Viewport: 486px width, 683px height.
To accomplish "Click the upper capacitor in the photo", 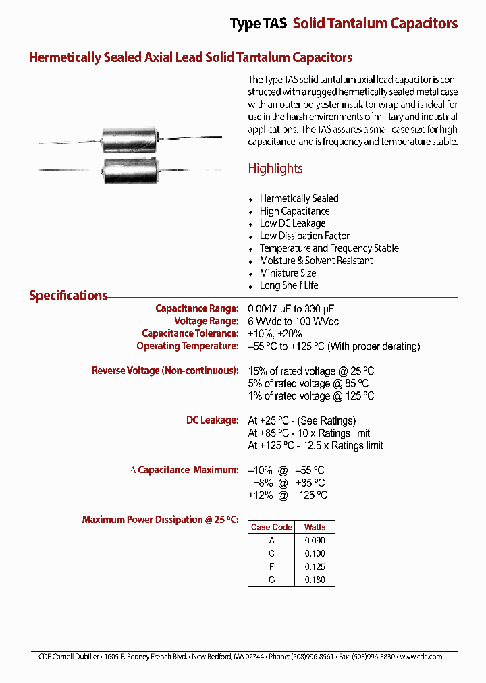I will pyautogui.click(x=128, y=140).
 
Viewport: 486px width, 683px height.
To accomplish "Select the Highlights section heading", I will pyautogui.click(x=275, y=169).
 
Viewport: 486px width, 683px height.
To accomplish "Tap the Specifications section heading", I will pyautogui.click(x=68, y=296).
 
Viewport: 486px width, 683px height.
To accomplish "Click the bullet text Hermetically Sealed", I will pyautogui.click(x=299, y=198).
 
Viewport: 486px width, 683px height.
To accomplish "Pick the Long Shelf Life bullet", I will pyautogui.click(x=289, y=285).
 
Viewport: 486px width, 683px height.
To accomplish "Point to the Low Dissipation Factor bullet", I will pyautogui.click(x=304, y=236).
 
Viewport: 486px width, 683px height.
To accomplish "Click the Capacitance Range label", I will pyautogui.click(x=197, y=308).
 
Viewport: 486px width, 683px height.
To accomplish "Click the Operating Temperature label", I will pyautogui.click(x=188, y=346).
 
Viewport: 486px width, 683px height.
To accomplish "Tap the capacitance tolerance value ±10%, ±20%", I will pyautogui.click(x=275, y=333).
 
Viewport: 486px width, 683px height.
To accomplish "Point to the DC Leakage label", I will pyautogui.click(x=212, y=420).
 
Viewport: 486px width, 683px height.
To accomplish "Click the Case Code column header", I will pyautogui.click(x=271, y=527).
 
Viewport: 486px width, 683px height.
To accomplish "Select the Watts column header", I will pyautogui.click(x=315, y=527).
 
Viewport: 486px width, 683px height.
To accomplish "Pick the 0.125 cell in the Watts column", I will pyautogui.click(x=315, y=566).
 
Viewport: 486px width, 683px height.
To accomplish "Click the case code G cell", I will pyautogui.click(x=271, y=579).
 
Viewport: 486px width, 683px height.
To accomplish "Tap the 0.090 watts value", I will pyautogui.click(x=315, y=540).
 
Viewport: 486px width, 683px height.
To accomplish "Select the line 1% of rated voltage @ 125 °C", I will pyautogui.click(x=310, y=396).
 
